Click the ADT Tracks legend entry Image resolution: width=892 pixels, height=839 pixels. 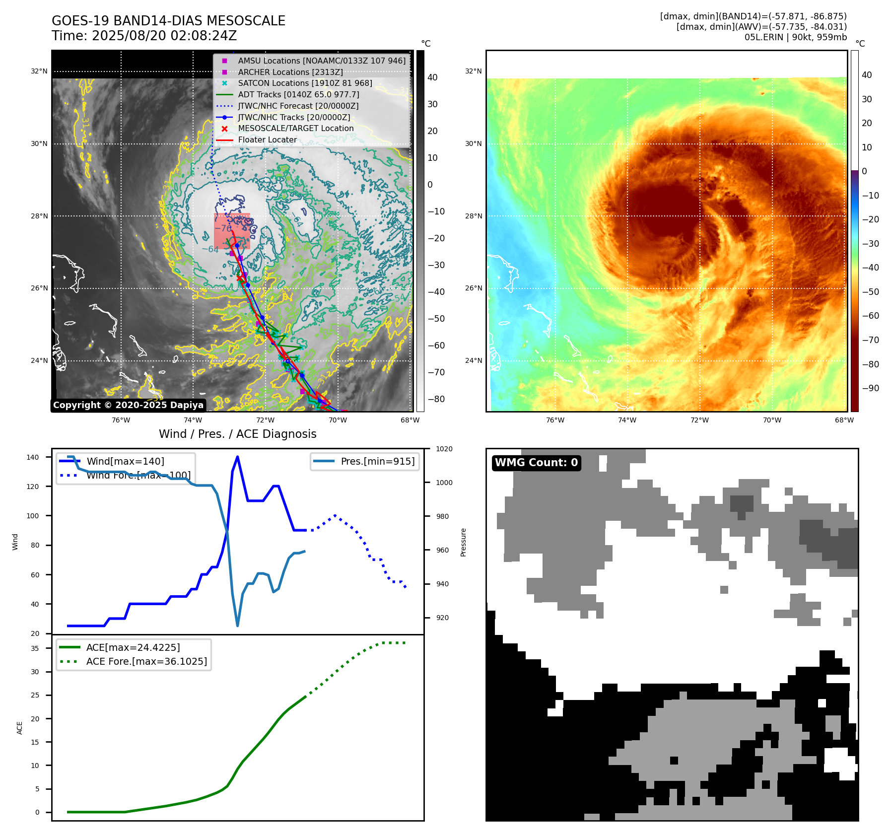tap(298, 95)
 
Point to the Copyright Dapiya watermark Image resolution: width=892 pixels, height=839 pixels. tap(128, 405)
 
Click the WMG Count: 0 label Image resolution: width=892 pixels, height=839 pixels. tap(536, 463)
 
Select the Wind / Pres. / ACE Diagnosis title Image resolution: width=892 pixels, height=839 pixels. tap(237, 434)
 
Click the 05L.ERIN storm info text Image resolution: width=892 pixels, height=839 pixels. tap(795, 37)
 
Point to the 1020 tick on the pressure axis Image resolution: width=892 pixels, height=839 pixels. tap(444, 449)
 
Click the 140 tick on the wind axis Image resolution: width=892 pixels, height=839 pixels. tap(33, 457)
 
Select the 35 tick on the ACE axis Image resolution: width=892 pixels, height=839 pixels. tap(35, 648)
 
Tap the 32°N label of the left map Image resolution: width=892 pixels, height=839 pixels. tap(39, 71)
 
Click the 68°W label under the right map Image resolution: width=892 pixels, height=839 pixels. tap(844, 420)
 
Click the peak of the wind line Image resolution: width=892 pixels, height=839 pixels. tap(237, 457)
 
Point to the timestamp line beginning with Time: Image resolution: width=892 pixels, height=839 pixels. tap(144, 36)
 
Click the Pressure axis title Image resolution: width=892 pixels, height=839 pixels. tap(463, 542)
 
